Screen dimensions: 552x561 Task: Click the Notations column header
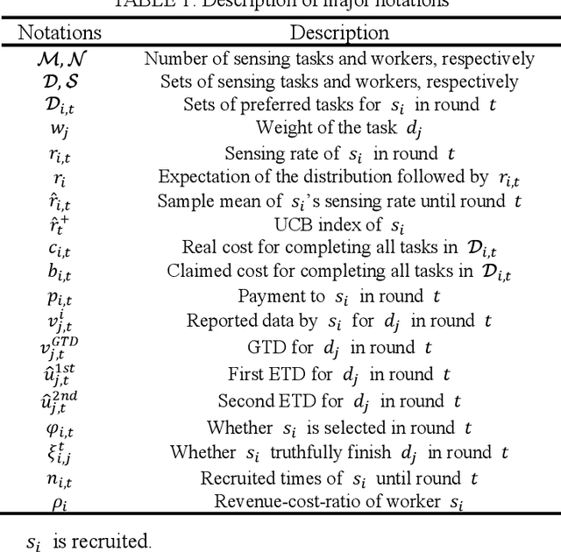tap(60, 33)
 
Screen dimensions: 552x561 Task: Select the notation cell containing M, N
tap(60, 59)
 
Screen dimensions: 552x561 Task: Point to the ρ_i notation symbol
tap(60, 502)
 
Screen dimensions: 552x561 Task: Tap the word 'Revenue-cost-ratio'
tap(282, 502)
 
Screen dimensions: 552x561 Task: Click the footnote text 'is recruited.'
tap(101, 541)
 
